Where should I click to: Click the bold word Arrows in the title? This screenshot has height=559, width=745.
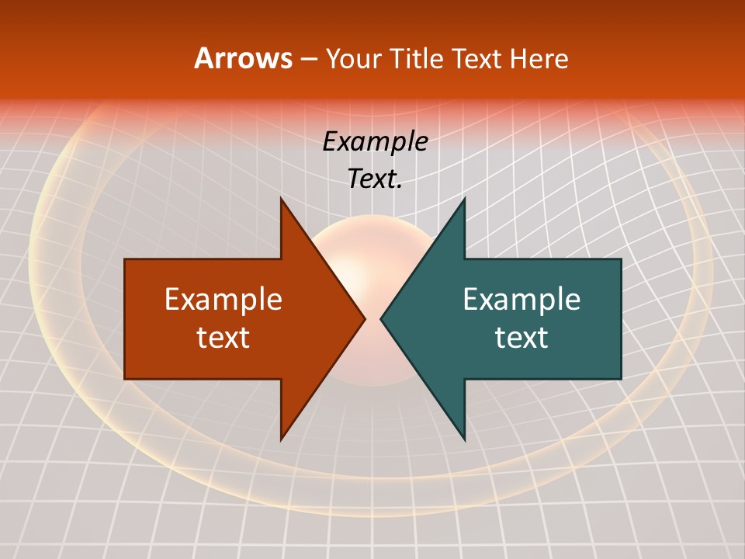click(244, 58)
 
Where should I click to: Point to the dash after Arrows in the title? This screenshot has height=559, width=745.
click(308, 59)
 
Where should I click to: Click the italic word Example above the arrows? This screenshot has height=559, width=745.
click(375, 141)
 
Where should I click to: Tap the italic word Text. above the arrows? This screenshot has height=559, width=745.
click(375, 179)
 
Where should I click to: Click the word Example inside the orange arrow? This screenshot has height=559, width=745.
click(223, 299)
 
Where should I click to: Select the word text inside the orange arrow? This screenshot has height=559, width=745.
click(223, 338)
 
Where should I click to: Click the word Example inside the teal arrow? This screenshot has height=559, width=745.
click(521, 299)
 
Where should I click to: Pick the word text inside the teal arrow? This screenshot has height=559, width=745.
click(521, 338)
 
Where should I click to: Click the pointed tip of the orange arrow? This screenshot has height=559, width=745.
click(364, 318)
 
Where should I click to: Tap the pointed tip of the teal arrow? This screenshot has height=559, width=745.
click(382, 318)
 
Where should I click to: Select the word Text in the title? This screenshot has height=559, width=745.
click(477, 58)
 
